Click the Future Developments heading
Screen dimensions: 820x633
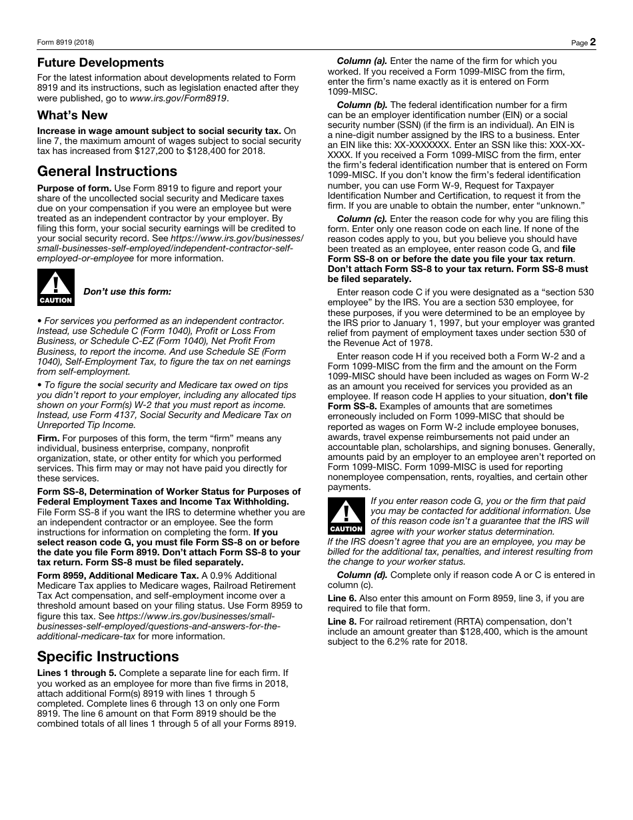coord(100,63)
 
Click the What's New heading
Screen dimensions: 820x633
coord(72,115)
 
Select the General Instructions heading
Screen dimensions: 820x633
coord(107,171)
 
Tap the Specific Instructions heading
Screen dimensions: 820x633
coord(108,656)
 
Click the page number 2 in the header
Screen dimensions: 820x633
coord(592,42)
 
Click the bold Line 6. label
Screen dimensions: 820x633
coord(342,598)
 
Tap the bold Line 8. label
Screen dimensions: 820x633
coord(342,621)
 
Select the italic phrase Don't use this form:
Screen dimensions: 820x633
coord(127,291)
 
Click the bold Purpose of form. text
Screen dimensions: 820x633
coord(74,189)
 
